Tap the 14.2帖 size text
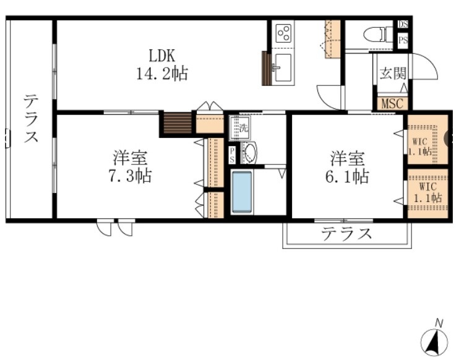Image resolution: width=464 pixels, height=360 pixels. tap(162, 74)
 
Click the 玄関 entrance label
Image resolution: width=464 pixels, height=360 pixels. tap(392, 73)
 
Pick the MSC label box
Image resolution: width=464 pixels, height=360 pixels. tap(392, 103)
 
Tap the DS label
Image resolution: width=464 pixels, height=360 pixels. tap(403, 25)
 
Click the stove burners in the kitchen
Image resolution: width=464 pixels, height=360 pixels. tap(284, 32)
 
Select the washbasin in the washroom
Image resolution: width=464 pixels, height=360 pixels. tap(250, 152)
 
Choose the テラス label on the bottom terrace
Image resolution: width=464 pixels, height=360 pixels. tap(346, 234)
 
